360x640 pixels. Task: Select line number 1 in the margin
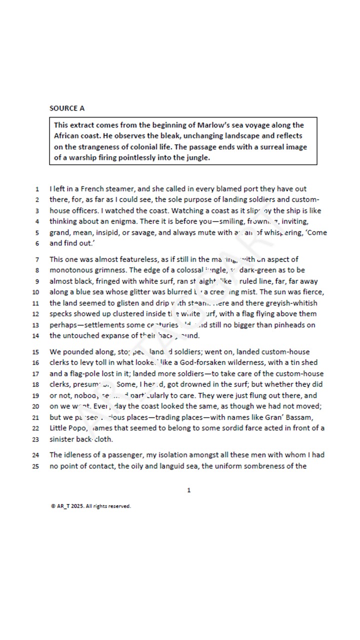(37, 189)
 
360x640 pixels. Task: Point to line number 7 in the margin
(37, 259)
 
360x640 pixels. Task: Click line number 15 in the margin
(35, 352)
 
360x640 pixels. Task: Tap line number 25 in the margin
(35, 466)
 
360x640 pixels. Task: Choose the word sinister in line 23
(61, 439)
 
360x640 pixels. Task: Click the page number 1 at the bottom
(188, 490)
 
